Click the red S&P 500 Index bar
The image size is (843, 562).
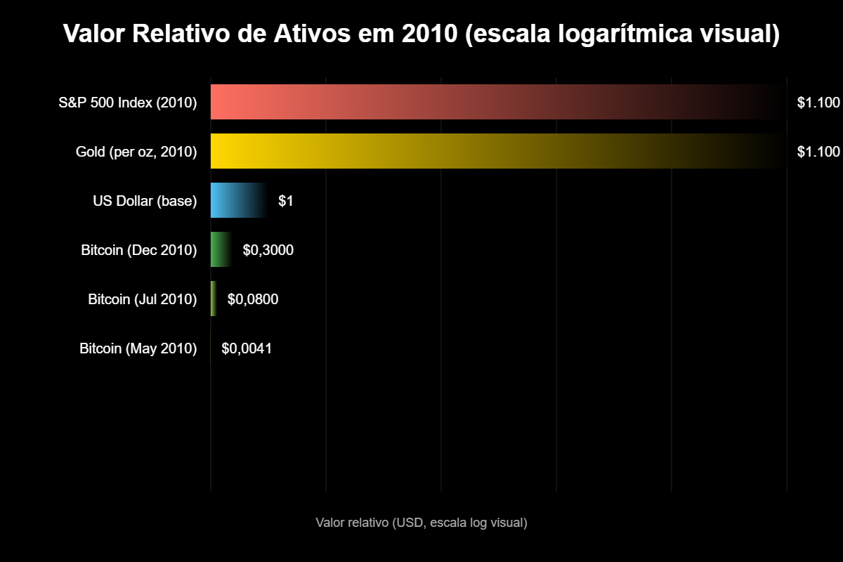492,102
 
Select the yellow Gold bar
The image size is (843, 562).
492,151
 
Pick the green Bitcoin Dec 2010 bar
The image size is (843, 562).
220,249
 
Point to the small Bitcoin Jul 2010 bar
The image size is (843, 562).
214,299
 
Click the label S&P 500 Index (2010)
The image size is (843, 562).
127,103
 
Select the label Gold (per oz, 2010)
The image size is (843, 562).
136,152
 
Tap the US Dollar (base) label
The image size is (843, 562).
145,201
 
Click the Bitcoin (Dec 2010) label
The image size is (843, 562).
138,250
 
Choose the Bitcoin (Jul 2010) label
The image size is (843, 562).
142,299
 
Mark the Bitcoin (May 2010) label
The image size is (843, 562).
138,348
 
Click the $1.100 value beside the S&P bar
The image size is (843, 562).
818,103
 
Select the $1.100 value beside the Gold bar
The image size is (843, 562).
818,152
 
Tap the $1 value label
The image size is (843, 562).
286,201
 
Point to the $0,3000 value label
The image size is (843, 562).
268,250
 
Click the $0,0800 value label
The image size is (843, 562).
253,299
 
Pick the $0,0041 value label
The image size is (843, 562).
247,348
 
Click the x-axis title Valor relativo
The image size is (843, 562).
421,523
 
